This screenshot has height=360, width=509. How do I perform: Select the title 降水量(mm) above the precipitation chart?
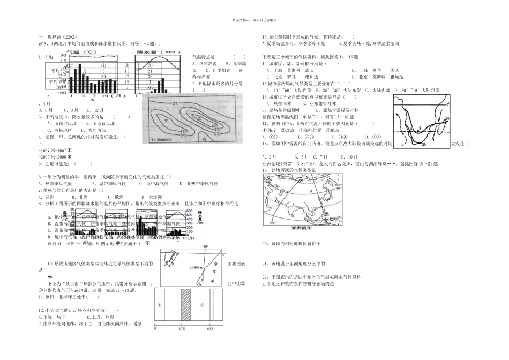(x=158, y=53)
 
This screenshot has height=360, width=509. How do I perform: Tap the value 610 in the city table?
(x=150, y=87)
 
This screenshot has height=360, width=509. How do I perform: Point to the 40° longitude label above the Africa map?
(x=205, y=247)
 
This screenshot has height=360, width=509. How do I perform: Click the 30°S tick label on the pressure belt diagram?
(x=184, y=328)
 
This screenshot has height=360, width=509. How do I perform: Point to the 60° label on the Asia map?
(x=272, y=221)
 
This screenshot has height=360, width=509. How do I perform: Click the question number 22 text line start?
(x=265, y=276)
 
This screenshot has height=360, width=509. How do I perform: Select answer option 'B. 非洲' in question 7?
(x=82, y=197)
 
